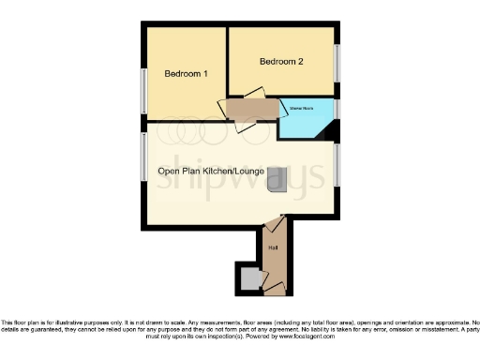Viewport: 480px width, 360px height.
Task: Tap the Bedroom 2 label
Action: click(282, 62)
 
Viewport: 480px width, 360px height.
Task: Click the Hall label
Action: click(274, 247)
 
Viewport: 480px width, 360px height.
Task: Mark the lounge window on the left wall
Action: click(143, 154)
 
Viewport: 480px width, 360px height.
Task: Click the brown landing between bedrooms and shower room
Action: click(252, 110)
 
